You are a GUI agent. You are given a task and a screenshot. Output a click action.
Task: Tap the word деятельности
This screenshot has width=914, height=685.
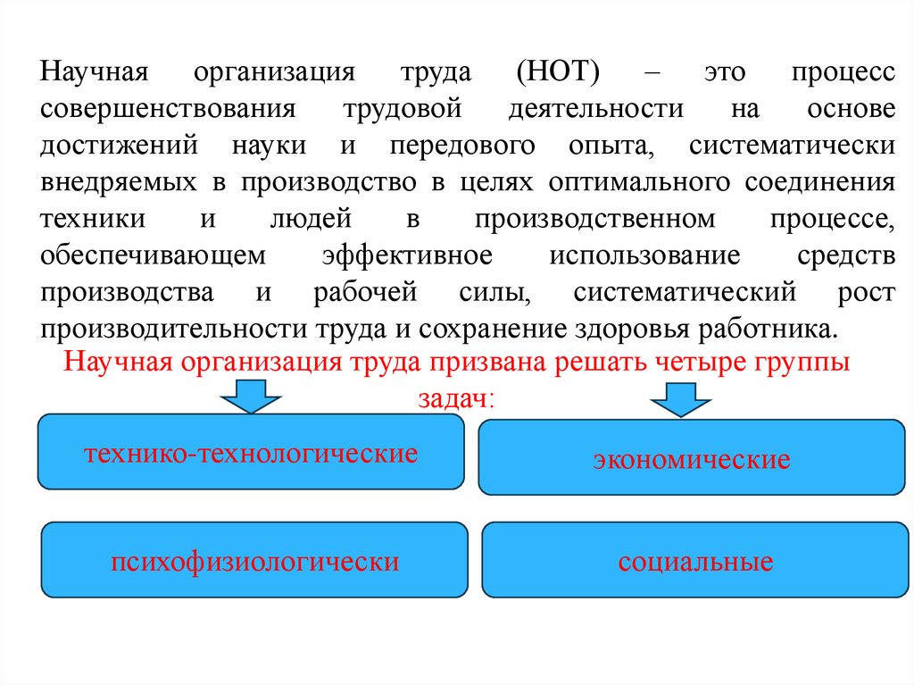596,109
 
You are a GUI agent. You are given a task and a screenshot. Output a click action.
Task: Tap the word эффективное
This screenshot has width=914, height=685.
408,255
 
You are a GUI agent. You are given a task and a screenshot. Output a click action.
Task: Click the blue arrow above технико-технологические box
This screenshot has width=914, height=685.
252,395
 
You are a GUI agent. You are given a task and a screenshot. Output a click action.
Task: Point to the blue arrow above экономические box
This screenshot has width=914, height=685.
681,399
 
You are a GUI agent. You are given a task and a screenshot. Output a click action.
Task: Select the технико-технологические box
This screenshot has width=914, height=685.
251,452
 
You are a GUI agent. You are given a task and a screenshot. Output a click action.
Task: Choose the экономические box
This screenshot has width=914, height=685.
691,457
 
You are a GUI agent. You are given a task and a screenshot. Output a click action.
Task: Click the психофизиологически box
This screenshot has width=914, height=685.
254,560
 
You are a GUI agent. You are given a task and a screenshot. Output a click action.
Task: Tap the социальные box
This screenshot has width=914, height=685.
695,560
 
